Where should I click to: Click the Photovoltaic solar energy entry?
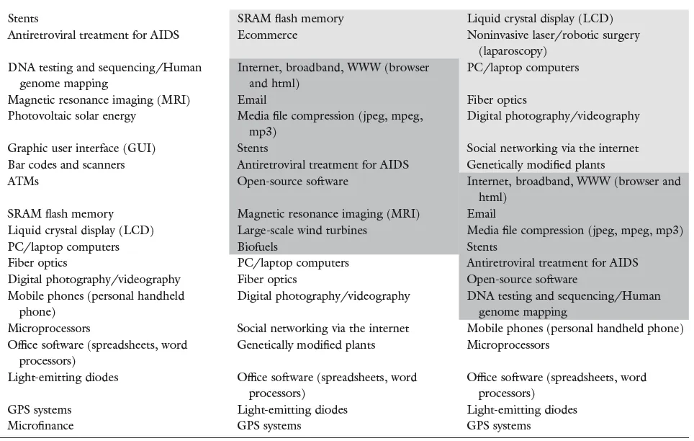[72, 116]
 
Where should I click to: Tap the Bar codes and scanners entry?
[66, 165]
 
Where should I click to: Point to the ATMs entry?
[24, 182]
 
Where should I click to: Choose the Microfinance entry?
[41, 425]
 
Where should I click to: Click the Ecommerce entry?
[267, 35]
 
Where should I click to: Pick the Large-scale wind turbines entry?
[302, 231]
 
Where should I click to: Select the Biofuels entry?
[258, 246]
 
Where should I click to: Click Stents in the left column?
[24, 18]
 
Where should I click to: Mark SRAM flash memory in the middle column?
[291, 19]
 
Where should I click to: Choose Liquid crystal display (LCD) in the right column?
[540, 19]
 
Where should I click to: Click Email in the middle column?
[252, 100]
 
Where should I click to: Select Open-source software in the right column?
[522, 280]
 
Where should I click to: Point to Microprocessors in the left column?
[48, 329]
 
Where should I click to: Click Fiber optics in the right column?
[497, 100]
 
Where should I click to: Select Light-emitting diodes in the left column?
[63, 377]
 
